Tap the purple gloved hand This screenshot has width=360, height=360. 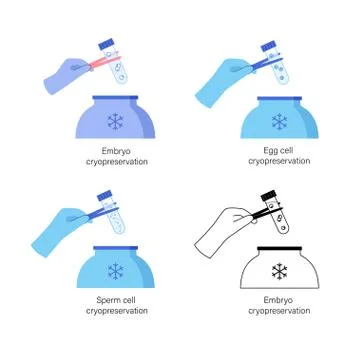(x=65, y=76)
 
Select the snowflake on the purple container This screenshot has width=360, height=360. (x=115, y=121)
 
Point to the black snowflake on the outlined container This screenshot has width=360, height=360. (x=279, y=271)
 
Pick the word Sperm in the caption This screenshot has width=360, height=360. (x=108, y=300)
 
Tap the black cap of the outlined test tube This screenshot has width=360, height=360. (x=269, y=195)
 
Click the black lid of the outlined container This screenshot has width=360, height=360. (x=279, y=248)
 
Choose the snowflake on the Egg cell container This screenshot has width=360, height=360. (x=279, y=122)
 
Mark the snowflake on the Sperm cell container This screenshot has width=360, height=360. (x=116, y=271)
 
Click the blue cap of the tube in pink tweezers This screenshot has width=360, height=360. (x=106, y=44)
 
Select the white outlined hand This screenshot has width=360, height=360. (x=223, y=232)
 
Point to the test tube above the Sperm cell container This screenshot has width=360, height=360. (x=112, y=212)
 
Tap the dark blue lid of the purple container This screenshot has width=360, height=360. (x=115, y=98)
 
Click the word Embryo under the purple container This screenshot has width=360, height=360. (x=117, y=152)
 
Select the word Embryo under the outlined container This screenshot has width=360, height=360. (x=278, y=300)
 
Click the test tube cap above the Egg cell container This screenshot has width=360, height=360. (x=269, y=46)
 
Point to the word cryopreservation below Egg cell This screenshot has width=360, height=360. (x=279, y=161)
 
